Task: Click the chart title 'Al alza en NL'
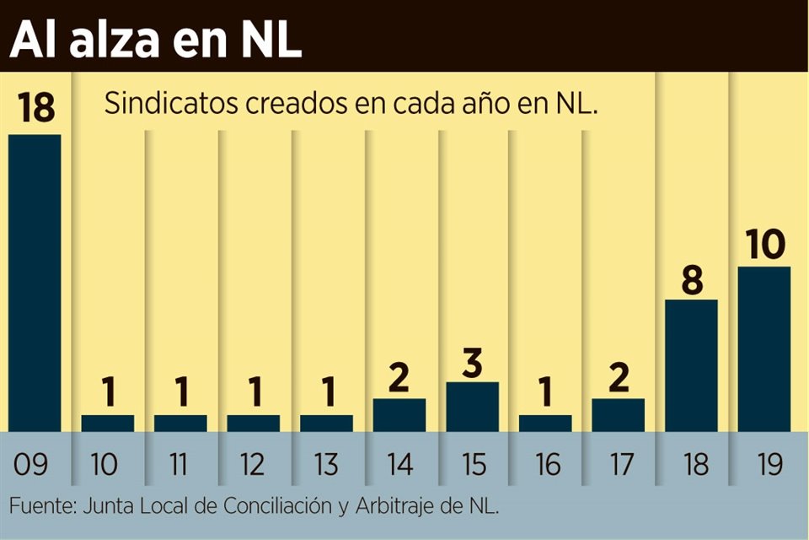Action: (156, 40)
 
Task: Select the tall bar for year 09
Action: (35, 283)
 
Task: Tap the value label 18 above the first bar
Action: (35, 109)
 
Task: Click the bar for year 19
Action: (764, 348)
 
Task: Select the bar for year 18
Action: (691, 365)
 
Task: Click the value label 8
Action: (692, 279)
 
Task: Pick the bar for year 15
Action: (472, 407)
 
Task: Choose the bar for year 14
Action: (399, 415)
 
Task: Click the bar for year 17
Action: (618, 415)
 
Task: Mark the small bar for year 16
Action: (545, 423)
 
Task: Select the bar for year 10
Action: (107, 423)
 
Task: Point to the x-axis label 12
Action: (253, 464)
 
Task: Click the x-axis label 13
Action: (326, 464)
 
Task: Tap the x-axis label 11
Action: (179, 464)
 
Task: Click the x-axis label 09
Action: (35, 464)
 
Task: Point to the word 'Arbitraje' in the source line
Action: (405, 507)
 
